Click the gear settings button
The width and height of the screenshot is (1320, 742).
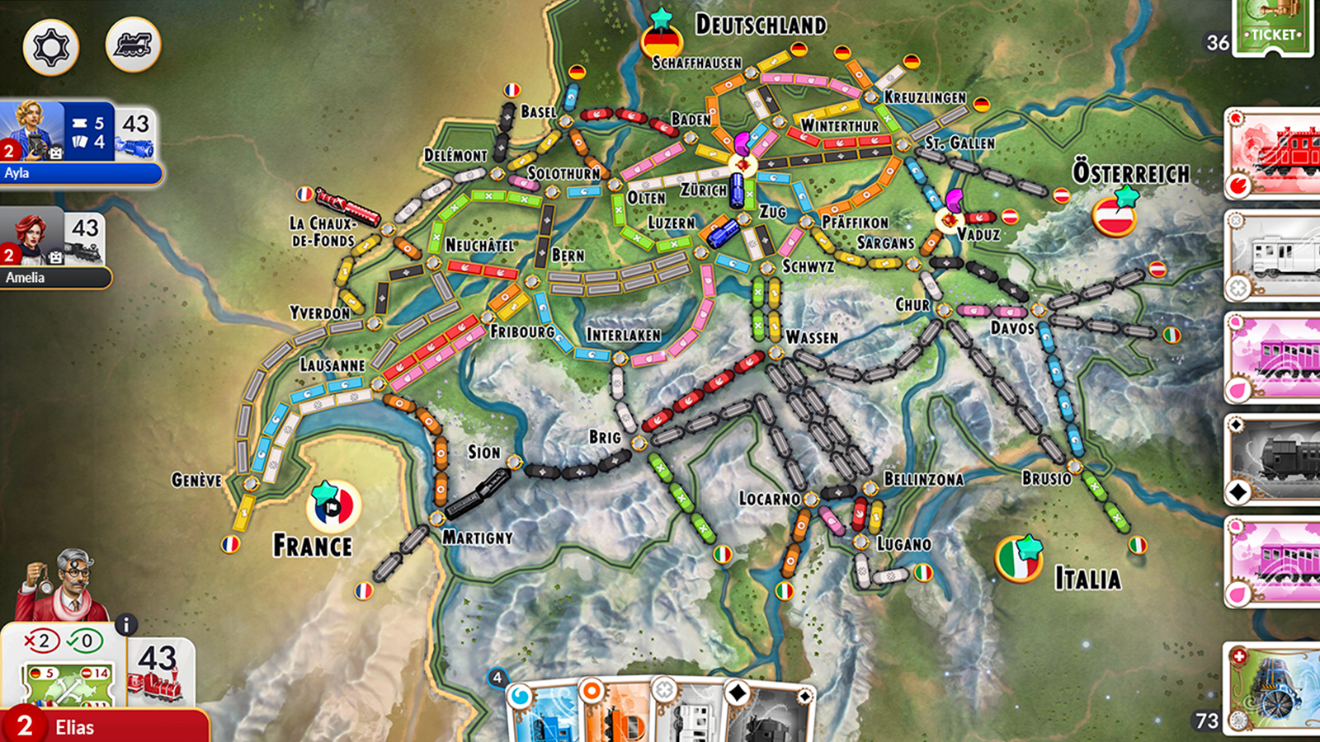(50, 46)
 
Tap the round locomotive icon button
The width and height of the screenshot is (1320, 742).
(133, 45)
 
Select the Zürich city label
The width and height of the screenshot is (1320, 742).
(703, 190)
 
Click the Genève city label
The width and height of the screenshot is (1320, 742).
(196, 480)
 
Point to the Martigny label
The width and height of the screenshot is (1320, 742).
(477, 538)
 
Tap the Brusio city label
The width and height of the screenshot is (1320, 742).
(1046, 478)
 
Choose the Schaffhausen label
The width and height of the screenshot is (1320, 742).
(696, 63)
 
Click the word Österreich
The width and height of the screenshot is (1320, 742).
(1130, 173)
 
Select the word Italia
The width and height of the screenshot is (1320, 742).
(1087, 579)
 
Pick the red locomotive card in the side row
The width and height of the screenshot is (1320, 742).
(1275, 153)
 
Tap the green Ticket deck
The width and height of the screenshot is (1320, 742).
(1273, 26)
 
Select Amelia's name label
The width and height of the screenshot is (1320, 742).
(26, 278)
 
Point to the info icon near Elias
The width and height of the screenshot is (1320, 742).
(125, 625)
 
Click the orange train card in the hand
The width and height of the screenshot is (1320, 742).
(615, 713)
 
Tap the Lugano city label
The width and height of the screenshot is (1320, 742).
(904, 544)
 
